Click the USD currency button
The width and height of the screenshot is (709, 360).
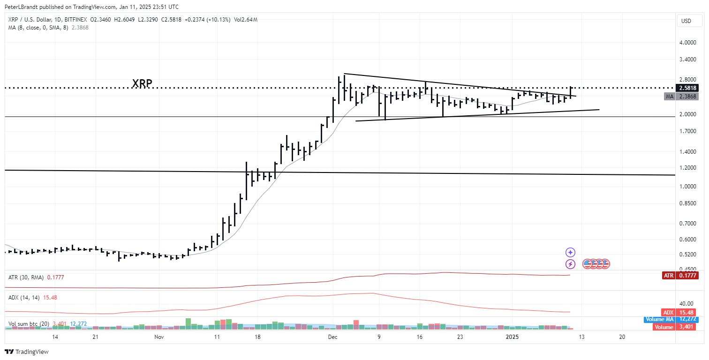point(686,21)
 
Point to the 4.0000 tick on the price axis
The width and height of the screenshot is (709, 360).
point(687,42)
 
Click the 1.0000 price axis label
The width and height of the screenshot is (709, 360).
point(687,186)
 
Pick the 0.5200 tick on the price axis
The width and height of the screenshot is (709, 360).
point(687,255)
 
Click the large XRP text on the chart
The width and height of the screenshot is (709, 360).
point(142,84)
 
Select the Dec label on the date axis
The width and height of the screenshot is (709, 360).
point(332,337)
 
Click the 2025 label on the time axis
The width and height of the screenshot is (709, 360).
point(512,337)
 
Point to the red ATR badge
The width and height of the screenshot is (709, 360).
point(668,275)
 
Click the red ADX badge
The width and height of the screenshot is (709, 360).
point(668,312)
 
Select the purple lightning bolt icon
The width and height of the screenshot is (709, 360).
point(571,263)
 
